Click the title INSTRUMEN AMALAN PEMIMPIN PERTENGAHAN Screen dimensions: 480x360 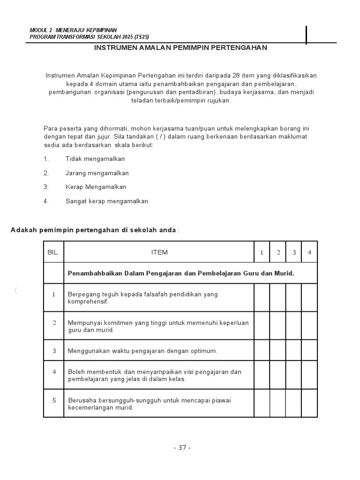coord(180,48)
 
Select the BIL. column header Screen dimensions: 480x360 coord(53,252)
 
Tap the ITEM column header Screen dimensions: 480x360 coord(159,252)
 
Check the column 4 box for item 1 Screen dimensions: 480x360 coord(309,298)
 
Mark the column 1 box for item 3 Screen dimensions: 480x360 coord(262,350)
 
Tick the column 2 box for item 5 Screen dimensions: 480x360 coord(278,403)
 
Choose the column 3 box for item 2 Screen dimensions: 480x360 coord(294,326)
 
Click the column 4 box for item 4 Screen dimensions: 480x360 coord(309,375)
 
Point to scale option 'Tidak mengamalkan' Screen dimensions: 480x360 coord(95,159)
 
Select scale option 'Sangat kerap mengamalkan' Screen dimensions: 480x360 coord(106,201)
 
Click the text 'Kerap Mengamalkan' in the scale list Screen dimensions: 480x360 coord(96,187)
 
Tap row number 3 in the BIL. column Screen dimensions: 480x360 coord(54,351)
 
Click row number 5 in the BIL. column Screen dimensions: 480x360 coord(54,400)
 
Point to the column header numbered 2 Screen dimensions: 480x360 coord(278,253)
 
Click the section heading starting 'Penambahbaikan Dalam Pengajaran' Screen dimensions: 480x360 coord(181,273)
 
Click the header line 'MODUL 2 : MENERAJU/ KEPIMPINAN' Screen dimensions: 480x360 coord(73,30)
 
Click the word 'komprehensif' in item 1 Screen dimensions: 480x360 coord(88,301)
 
